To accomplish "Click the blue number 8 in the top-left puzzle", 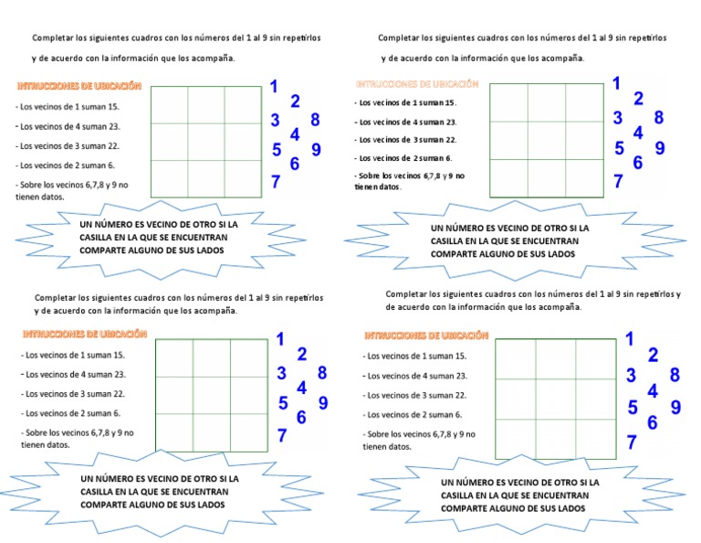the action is click(x=315, y=120).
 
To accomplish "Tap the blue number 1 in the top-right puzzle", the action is click(x=617, y=83).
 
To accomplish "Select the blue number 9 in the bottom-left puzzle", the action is click(x=323, y=403).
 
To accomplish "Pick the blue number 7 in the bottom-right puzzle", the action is click(x=632, y=443).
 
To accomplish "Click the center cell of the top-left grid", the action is click(x=206, y=142).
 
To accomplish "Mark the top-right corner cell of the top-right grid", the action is click(x=583, y=102).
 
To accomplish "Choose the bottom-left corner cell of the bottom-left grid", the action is click(x=174, y=433).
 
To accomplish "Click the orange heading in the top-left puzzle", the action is click(x=79, y=85).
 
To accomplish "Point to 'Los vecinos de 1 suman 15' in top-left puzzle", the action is click(x=68, y=107).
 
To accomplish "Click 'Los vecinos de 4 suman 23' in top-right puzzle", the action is click(x=406, y=122).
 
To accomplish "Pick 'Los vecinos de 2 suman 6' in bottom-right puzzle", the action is click(x=413, y=414).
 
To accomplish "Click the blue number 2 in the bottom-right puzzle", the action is click(x=653, y=356).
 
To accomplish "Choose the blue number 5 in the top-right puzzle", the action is click(x=619, y=148).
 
